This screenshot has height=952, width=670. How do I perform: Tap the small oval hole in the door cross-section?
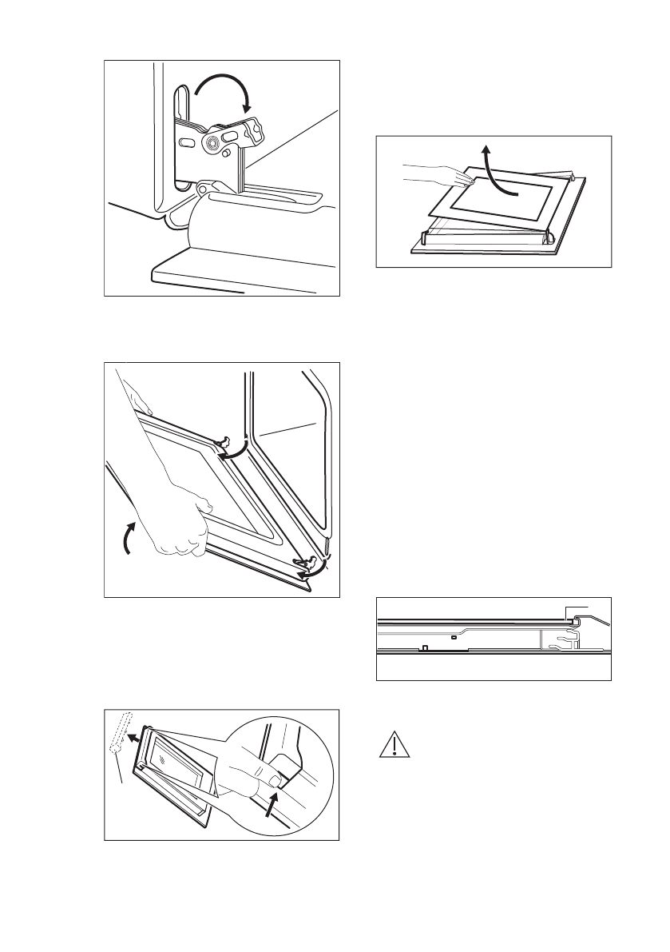click(453, 637)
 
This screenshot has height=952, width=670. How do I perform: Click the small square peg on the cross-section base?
click(426, 648)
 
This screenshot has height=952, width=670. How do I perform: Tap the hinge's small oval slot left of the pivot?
click(184, 141)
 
